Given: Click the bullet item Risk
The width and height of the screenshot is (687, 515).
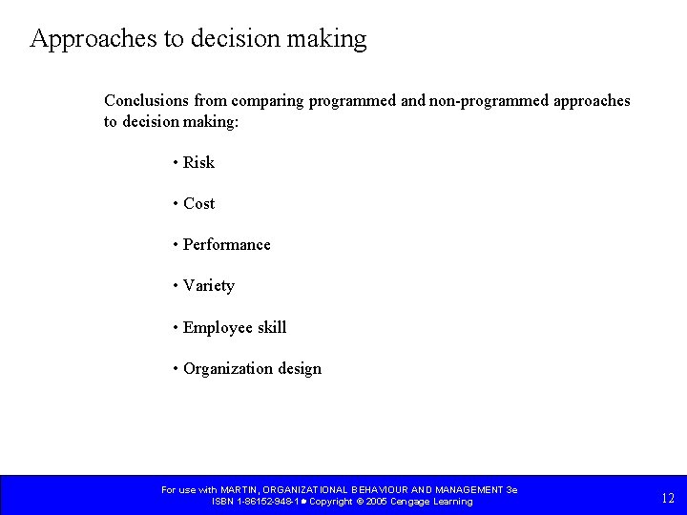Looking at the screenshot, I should click(x=198, y=162).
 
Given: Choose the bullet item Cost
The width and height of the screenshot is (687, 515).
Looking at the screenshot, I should click(x=198, y=203).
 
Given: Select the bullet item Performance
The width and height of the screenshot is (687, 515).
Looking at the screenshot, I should click(x=226, y=244).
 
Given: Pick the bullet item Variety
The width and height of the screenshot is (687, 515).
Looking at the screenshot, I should click(x=208, y=285).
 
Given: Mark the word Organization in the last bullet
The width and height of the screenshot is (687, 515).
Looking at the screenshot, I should click(x=228, y=368).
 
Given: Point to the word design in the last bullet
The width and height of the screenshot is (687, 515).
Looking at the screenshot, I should click(x=300, y=368).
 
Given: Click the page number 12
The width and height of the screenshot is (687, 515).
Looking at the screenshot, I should click(x=667, y=497).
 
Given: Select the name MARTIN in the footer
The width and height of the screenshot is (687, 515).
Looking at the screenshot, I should click(x=239, y=489).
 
